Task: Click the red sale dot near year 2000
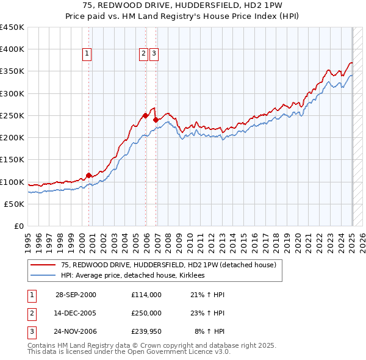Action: coord(88,176)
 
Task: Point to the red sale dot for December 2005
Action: coord(145,115)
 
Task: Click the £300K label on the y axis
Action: coord(12,93)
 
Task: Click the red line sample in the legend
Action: coord(43,265)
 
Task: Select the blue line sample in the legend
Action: coord(43,275)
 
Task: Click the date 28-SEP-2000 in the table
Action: coord(76,295)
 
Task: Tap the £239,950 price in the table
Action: coord(146,332)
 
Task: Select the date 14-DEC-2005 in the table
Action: coord(76,313)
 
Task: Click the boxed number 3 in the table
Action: coord(31,332)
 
